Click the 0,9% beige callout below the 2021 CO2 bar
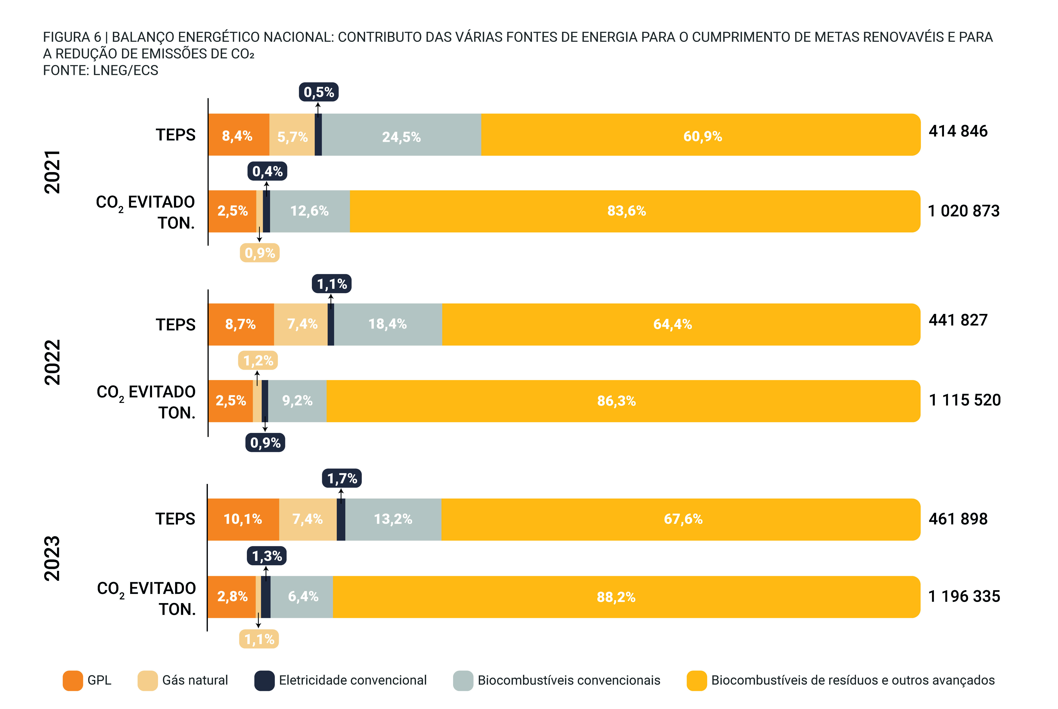pos(259,253)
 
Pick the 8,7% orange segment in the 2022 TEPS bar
pos(240,324)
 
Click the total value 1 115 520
pos(964,400)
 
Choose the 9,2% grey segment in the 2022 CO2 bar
pos(297,401)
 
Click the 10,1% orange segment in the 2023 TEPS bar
pos(243,519)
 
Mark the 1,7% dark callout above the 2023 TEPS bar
pos(342,478)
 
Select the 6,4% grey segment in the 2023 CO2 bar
pos(303,597)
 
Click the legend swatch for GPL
pos(73,680)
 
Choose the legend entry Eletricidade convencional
pos(353,680)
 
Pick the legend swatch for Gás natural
pos(147,680)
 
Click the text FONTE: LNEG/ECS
pos(100,71)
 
